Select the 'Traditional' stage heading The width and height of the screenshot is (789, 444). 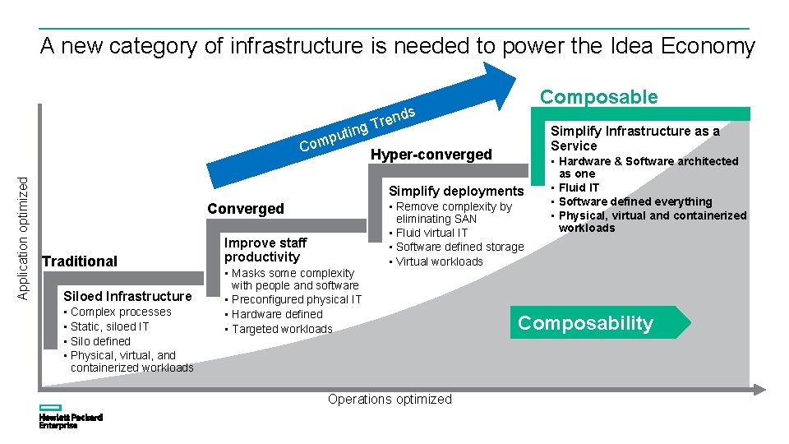[x=80, y=261]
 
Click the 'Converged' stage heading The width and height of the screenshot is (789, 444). [x=246, y=209]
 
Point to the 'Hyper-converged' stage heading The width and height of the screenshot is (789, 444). [x=431, y=155]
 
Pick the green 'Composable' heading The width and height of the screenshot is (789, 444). [x=598, y=97]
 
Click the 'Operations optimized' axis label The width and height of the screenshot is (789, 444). [x=390, y=400]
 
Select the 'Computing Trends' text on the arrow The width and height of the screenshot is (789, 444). [x=358, y=129]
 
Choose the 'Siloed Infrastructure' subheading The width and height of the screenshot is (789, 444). [x=127, y=297]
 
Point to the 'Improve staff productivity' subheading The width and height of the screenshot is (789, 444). [x=265, y=249]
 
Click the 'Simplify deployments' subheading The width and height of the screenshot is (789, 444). [x=455, y=191]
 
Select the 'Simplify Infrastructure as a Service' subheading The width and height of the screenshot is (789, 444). [x=634, y=138]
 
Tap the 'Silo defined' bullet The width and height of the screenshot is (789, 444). [x=100, y=341]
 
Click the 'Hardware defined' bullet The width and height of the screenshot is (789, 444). [x=277, y=314]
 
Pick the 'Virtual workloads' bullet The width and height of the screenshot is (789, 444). [x=440, y=261]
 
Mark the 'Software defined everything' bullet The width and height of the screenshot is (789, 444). [x=634, y=201]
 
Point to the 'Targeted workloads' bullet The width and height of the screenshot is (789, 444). [x=282, y=329]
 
